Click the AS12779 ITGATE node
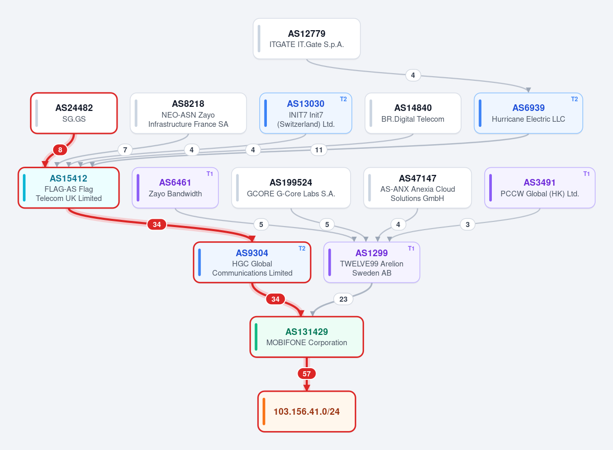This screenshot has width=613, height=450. coord(307,39)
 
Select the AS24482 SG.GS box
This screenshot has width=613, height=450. coord(74,114)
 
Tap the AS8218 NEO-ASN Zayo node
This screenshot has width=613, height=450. coord(188,114)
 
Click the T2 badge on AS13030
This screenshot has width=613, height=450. coord(343,99)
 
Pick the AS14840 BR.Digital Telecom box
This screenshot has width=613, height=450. coord(413,114)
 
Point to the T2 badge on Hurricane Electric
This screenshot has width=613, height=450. coord(574,99)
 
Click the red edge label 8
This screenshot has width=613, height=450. coord(60,150)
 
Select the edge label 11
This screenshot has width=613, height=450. coord(319,150)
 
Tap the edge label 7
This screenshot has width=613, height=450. coord(125,150)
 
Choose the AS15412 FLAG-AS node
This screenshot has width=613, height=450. coord(69,188)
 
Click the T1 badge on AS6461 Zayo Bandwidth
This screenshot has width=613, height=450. coord(210,174)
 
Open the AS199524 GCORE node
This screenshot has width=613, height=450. coord(291,188)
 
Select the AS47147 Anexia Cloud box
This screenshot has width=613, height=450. coord(418,188)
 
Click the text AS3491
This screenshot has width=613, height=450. coord(539,183)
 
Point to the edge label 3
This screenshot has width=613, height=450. coord(468,224)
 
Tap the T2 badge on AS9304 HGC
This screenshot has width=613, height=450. coord(302,249)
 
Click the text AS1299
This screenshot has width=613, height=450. coord(371,253)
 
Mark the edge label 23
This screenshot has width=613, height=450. coord(343,299)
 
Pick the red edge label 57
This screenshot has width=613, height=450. coord(307,374)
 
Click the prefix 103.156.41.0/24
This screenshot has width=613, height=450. coord(307,412)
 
